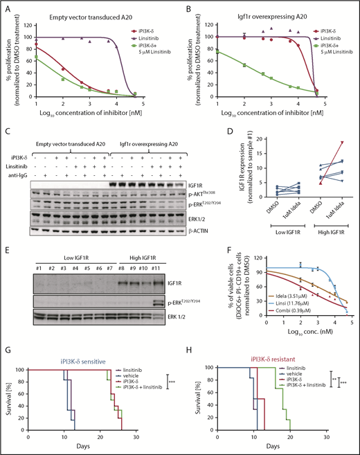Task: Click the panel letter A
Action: (6, 6)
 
